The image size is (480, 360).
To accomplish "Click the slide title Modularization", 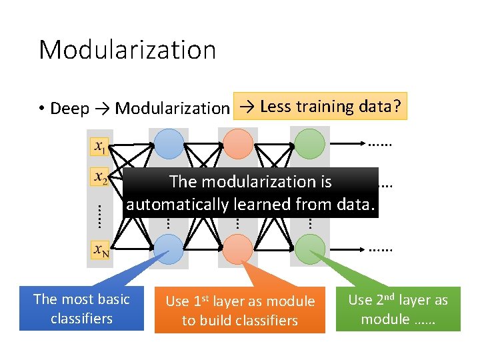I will pos(127,50).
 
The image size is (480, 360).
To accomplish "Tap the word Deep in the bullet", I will pos(69,108).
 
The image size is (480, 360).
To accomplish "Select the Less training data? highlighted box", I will pos(320,106).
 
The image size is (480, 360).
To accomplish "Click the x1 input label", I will pos(99,145).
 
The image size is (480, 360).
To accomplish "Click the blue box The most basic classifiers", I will pos(81,309).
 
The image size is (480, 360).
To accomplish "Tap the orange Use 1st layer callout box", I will pos(240,311).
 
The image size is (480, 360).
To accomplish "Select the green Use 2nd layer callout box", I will pos(398,309).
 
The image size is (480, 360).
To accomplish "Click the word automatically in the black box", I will pos(179,205).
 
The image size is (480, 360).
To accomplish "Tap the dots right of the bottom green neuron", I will pos(380,249).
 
